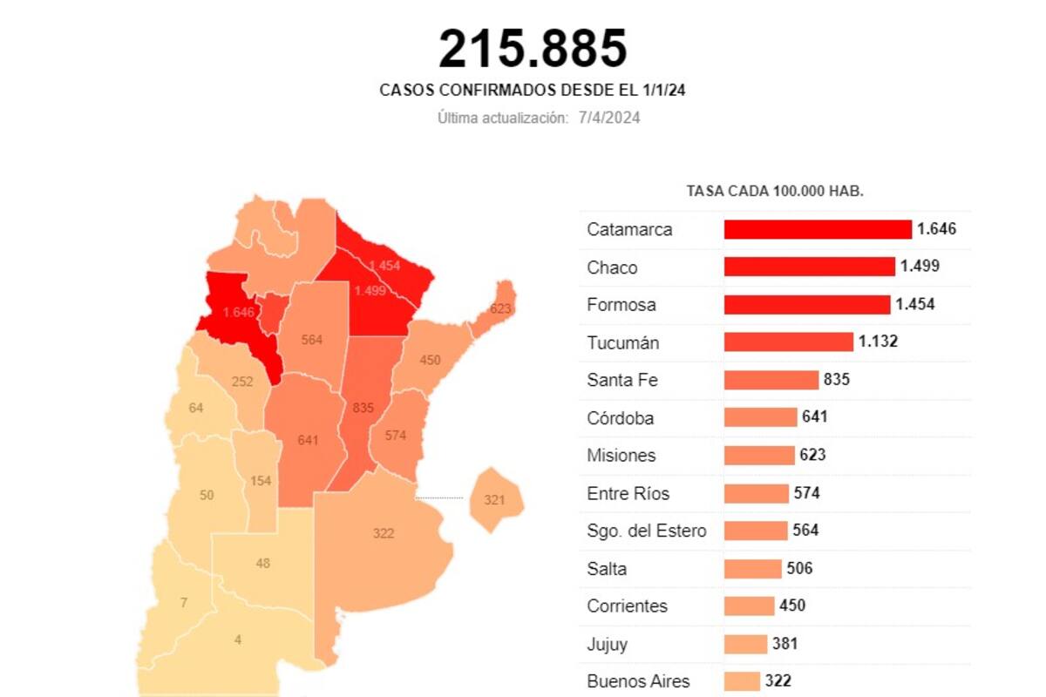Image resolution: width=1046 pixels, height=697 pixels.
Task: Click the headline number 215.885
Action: pyautogui.click(x=533, y=48)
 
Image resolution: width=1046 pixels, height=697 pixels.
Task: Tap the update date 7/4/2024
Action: pyautogui.click(x=608, y=118)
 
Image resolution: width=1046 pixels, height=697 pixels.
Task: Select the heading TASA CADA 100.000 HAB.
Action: pyautogui.click(x=775, y=191)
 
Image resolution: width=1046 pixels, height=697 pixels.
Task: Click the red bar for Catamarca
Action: pyautogui.click(x=817, y=229)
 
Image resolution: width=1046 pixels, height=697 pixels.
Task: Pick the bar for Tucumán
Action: pyautogui.click(x=788, y=342)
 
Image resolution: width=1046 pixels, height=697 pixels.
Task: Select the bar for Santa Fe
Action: pyautogui.click(x=771, y=380)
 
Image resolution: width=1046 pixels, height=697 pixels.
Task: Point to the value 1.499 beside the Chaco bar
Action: pyautogui.click(x=920, y=267)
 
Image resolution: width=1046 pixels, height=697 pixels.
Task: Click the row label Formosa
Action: pyautogui.click(x=621, y=305)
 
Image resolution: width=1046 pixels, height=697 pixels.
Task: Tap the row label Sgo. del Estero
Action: pyautogui.click(x=646, y=531)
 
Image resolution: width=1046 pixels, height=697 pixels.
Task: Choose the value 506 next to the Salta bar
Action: pyautogui.click(x=798, y=568)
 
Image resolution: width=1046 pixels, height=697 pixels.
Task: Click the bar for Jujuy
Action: pyautogui.click(x=745, y=644)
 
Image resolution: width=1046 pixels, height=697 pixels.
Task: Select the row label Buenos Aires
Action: pyautogui.click(x=638, y=681)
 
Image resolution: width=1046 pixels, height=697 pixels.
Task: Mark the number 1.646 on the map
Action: pyautogui.click(x=238, y=311)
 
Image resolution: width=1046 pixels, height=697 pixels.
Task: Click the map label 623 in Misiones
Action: pyautogui.click(x=500, y=308)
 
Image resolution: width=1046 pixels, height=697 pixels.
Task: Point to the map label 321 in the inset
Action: pyautogui.click(x=494, y=499)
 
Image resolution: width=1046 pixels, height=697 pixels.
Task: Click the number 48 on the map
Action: pyautogui.click(x=262, y=563)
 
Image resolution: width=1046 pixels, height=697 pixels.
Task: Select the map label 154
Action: pyautogui.click(x=261, y=481)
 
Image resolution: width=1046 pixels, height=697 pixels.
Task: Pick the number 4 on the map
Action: pyautogui.click(x=238, y=639)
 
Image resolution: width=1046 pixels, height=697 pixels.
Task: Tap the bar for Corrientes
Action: pyautogui.click(x=749, y=606)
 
